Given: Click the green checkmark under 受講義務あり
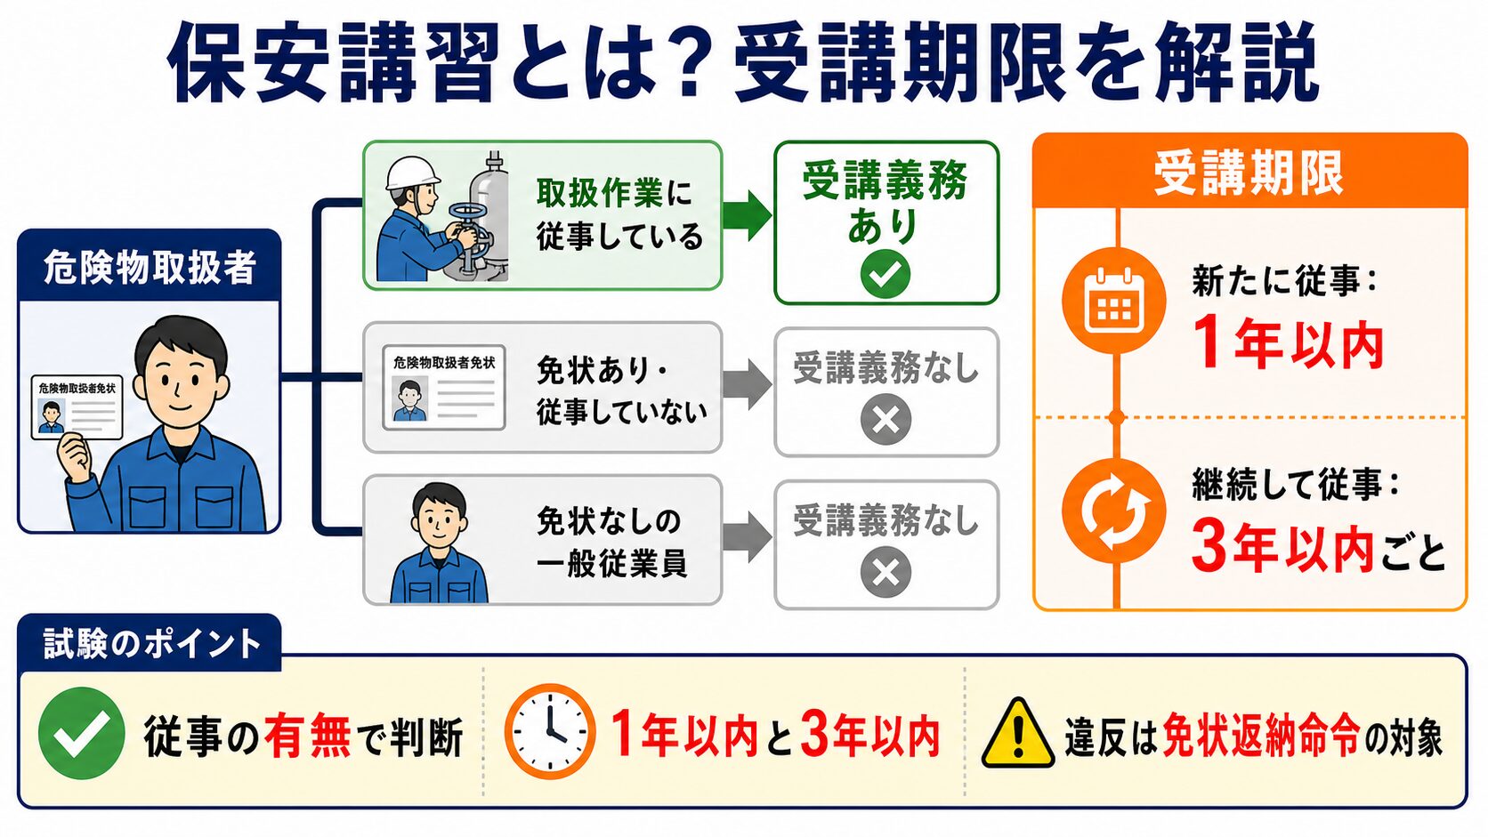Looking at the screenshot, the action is pyautogui.click(x=886, y=273).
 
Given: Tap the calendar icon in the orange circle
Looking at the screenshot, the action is pyautogui.click(x=1114, y=300).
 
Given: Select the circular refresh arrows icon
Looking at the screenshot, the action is pyautogui.click(x=1114, y=511).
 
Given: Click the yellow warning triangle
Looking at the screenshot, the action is pyautogui.click(x=1018, y=734).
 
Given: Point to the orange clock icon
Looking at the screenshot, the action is pyautogui.click(x=550, y=731).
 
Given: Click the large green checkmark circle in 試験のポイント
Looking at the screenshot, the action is pyautogui.click(x=82, y=733).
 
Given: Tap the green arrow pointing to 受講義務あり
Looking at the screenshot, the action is pyautogui.click(x=748, y=215).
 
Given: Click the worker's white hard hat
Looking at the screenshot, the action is pyautogui.click(x=413, y=173).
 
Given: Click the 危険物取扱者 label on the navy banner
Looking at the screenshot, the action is pyautogui.click(x=150, y=268).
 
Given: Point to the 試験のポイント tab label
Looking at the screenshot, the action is pyautogui.click(x=152, y=643).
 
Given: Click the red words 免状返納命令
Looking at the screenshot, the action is pyautogui.click(x=1259, y=736).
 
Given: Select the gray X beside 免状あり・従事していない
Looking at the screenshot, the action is pyautogui.click(x=886, y=420).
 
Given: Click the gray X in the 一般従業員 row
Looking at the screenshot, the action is pyautogui.click(x=886, y=572).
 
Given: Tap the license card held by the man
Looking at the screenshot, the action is pyautogui.click(x=77, y=406).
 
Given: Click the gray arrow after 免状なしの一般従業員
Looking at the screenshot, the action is pyautogui.click(x=748, y=537).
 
